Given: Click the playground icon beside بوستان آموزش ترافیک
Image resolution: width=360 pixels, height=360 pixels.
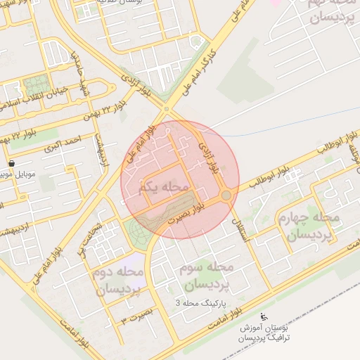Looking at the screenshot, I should point(263,316).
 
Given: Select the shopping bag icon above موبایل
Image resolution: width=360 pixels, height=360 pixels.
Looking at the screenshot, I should point(11,162).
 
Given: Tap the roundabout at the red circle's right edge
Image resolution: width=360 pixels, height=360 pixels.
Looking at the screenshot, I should point(226,195).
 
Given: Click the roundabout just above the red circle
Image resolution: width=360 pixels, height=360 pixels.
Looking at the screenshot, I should point(167,108).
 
